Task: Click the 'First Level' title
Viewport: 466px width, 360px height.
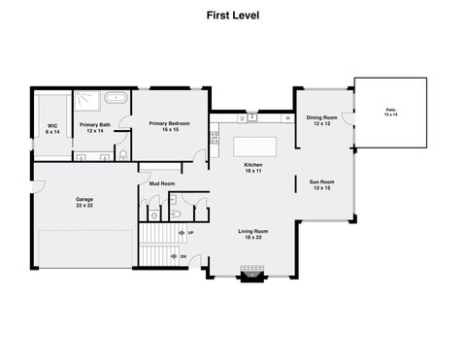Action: pyautogui.click(x=232, y=16)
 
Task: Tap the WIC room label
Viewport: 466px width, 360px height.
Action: pyautogui.click(x=51, y=128)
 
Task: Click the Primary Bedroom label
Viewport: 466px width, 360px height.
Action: pyautogui.click(x=169, y=126)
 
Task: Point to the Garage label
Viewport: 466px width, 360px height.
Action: pyautogui.click(x=85, y=202)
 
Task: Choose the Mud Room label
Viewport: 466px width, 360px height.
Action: pyautogui.click(x=161, y=183)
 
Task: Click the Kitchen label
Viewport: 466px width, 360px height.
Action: pyautogui.click(x=253, y=168)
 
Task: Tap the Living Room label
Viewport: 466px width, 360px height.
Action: pyautogui.click(x=253, y=234)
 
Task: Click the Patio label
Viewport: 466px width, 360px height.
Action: pyautogui.click(x=390, y=113)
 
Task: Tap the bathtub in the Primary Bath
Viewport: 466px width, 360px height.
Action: pyautogui.click(x=116, y=98)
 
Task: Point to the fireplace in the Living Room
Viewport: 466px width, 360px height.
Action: pyautogui.click(x=253, y=276)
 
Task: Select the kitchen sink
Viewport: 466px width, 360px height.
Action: pyautogui.click(x=253, y=117)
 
